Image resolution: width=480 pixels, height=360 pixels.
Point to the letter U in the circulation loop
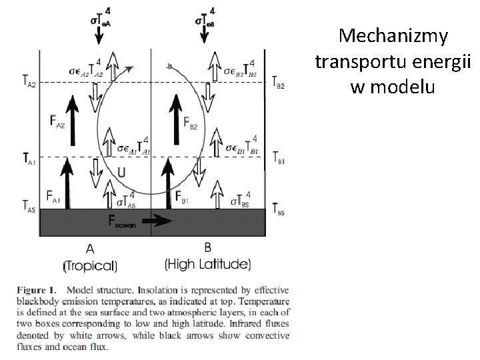coord(121,173)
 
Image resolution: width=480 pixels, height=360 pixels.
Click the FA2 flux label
coord(57,121)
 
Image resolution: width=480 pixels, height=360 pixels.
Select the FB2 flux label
coord(189,121)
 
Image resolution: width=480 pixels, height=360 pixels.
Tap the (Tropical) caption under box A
coord(89,265)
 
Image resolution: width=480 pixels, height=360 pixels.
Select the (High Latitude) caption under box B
coord(207,264)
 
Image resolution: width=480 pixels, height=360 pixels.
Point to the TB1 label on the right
coord(279,157)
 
